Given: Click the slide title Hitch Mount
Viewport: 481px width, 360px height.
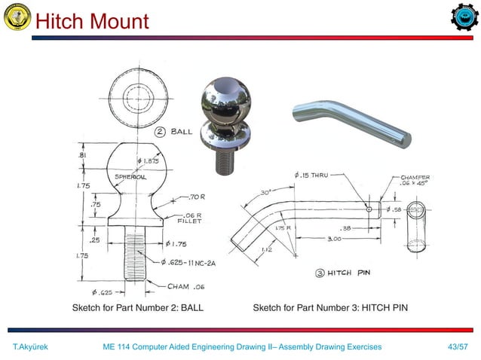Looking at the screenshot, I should [92, 20].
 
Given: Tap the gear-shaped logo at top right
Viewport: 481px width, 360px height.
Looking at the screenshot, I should [463, 19].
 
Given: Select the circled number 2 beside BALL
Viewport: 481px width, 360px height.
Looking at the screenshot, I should [161, 132].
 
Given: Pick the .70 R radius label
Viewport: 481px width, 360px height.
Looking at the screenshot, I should [195, 198].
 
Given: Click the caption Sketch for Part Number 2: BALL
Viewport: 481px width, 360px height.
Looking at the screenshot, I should [137, 307].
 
